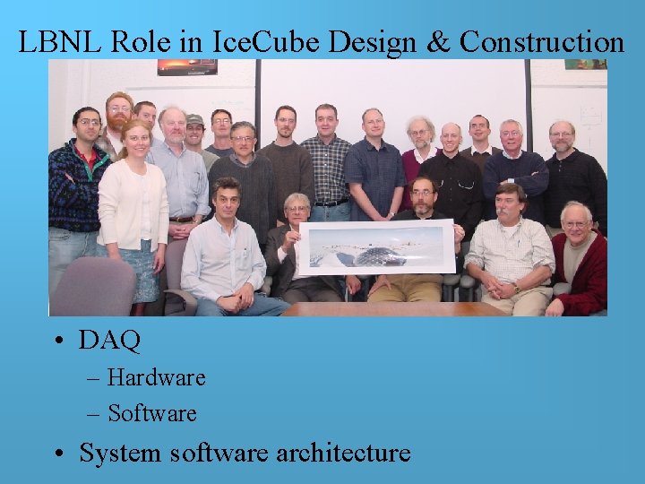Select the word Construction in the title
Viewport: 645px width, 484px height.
[542, 42]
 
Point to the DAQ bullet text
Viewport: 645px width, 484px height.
[109, 341]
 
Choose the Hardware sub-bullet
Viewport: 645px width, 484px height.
[156, 377]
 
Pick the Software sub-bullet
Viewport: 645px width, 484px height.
[151, 413]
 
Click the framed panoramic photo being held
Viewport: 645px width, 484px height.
[376, 246]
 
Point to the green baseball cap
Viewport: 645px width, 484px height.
[194, 120]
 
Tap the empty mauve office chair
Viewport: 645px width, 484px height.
[93, 287]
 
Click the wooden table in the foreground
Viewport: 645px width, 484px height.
[394, 308]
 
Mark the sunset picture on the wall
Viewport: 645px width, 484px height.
[187, 67]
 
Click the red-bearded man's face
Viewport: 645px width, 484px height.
[119, 111]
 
